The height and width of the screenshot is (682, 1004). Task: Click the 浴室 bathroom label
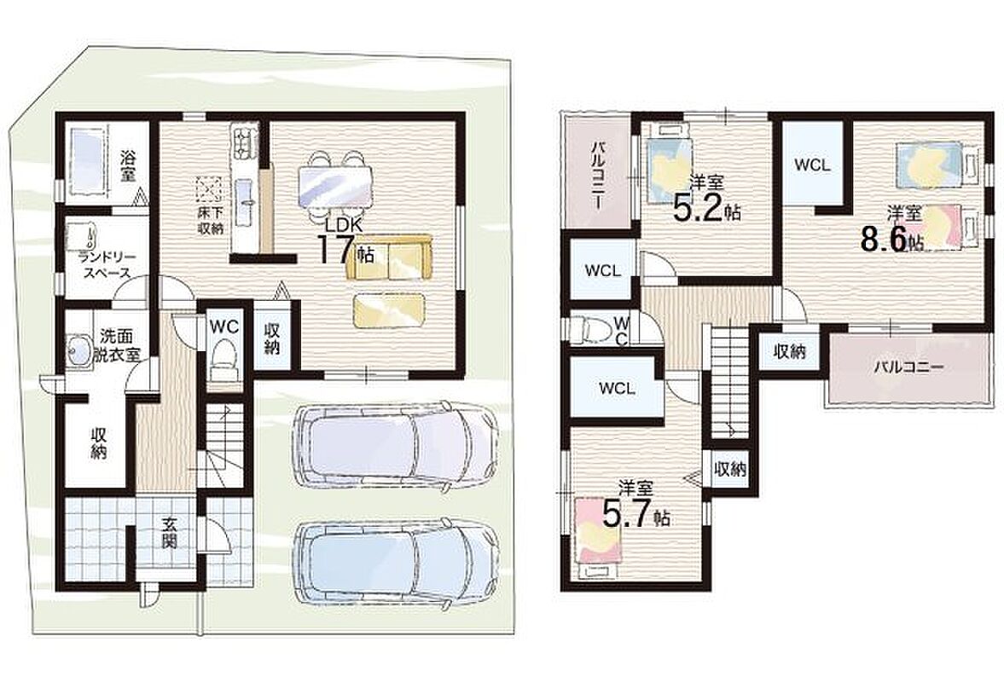pyautogui.click(x=129, y=166)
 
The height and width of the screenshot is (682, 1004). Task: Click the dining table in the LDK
pyautogui.click(x=334, y=183)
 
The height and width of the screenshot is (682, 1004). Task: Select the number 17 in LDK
pyautogui.click(x=337, y=248)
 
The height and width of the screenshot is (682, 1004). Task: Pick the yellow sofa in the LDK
pyautogui.click(x=389, y=257)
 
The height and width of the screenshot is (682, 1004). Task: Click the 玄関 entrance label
pyautogui.click(x=168, y=533)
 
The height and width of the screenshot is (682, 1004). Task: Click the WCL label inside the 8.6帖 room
pyautogui.click(x=812, y=165)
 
